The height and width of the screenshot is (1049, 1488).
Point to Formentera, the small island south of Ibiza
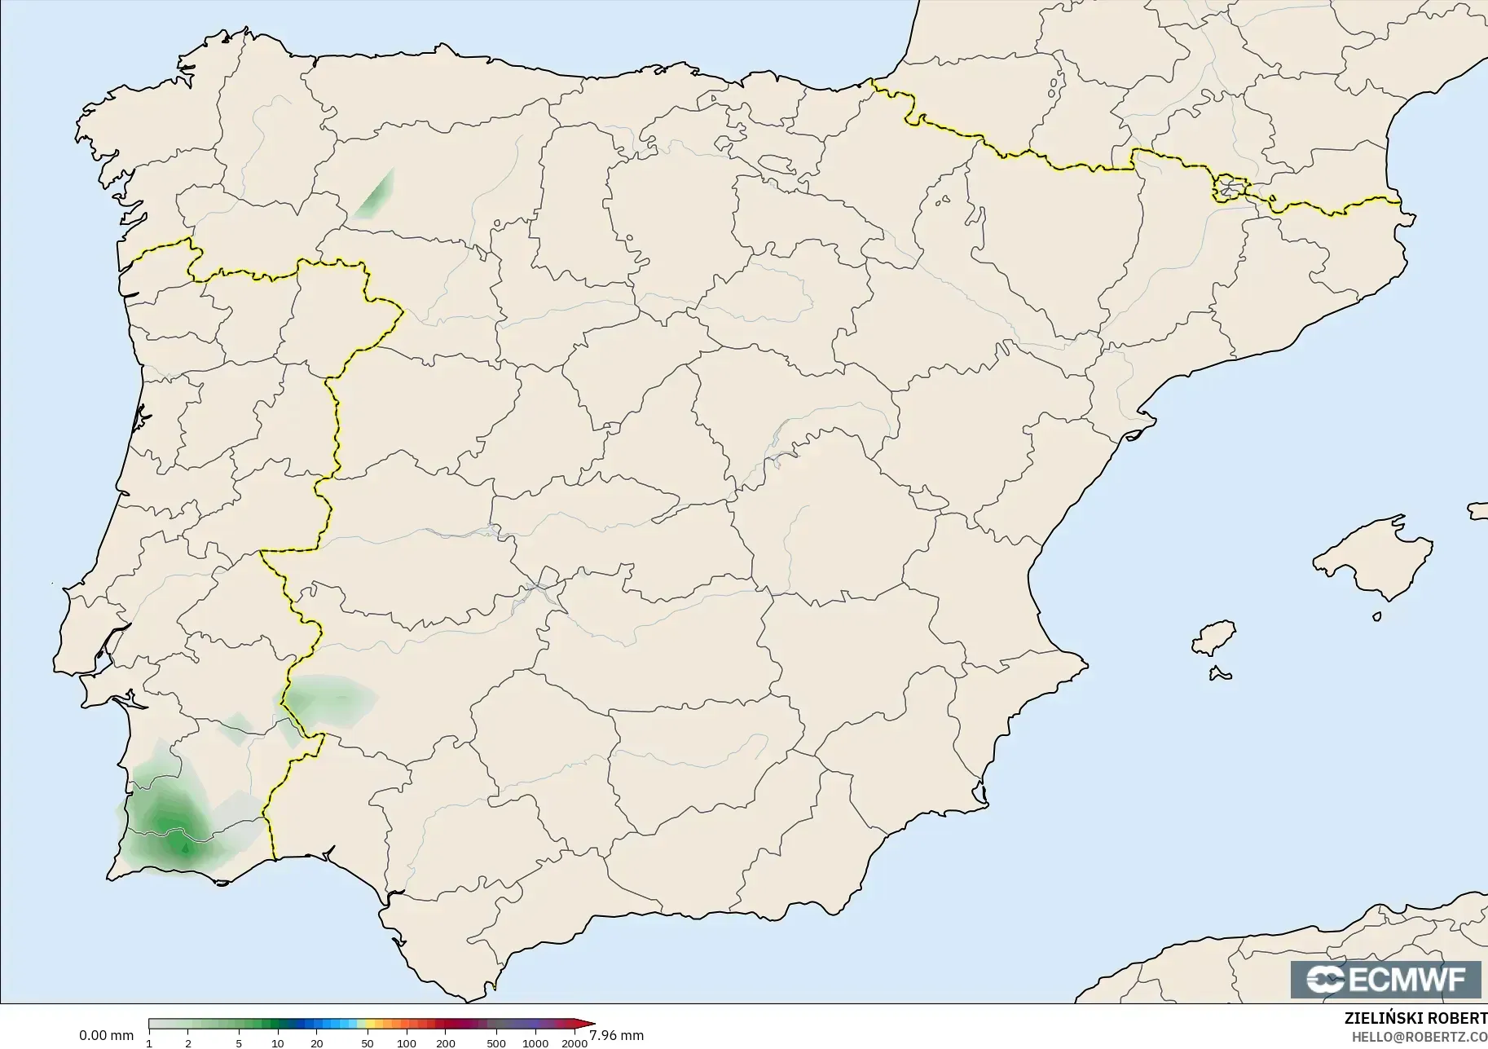coord(1220,674)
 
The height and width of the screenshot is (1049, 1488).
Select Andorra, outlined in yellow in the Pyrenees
coord(1230,188)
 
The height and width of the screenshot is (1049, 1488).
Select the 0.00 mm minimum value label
coord(106,1036)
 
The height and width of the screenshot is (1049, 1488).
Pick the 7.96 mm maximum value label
coord(616,1036)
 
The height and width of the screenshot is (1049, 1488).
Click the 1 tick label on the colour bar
coord(149,1043)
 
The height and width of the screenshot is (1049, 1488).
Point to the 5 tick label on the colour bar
coord(239,1043)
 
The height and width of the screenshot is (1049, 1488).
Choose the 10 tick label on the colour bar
coord(278,1043)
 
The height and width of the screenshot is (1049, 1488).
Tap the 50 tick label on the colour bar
coord(368,1043)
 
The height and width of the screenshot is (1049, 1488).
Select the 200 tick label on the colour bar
coord(445,1043)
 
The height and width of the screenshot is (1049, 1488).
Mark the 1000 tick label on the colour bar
coord(535,1043)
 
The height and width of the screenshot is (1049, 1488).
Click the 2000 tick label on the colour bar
coord(575,1043)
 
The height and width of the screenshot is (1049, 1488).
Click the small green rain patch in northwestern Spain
coord(376,196)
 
